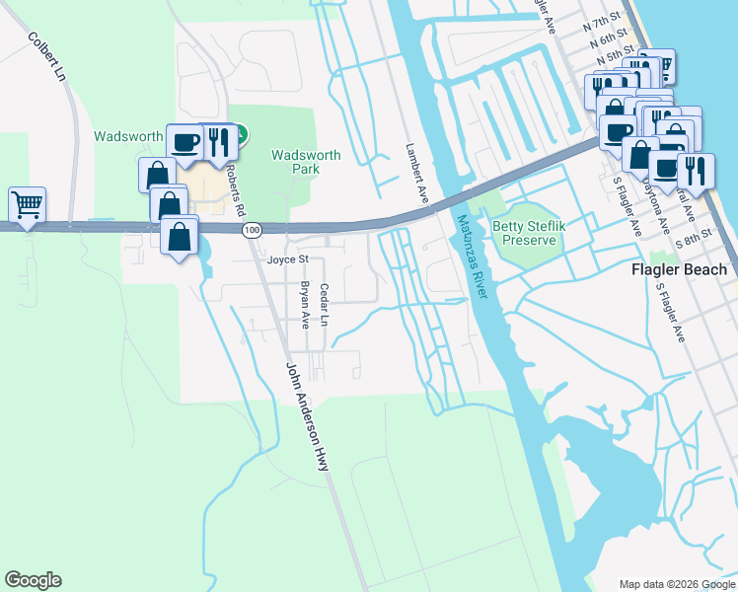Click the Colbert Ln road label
(x=46, y=58)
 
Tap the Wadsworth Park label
(x=306, y=162)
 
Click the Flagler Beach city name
(x=680, y=269)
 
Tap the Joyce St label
(x=288, y=259)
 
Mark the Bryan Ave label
(x=305, y=305)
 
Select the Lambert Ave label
(x=416, y=174)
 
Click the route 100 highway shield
(x=252, y=229)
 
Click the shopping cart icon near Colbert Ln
(x=27, y=204)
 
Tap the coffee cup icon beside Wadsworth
(x=184, y=140)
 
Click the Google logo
(x=33, y=580)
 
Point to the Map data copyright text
(x=676, y=583)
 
